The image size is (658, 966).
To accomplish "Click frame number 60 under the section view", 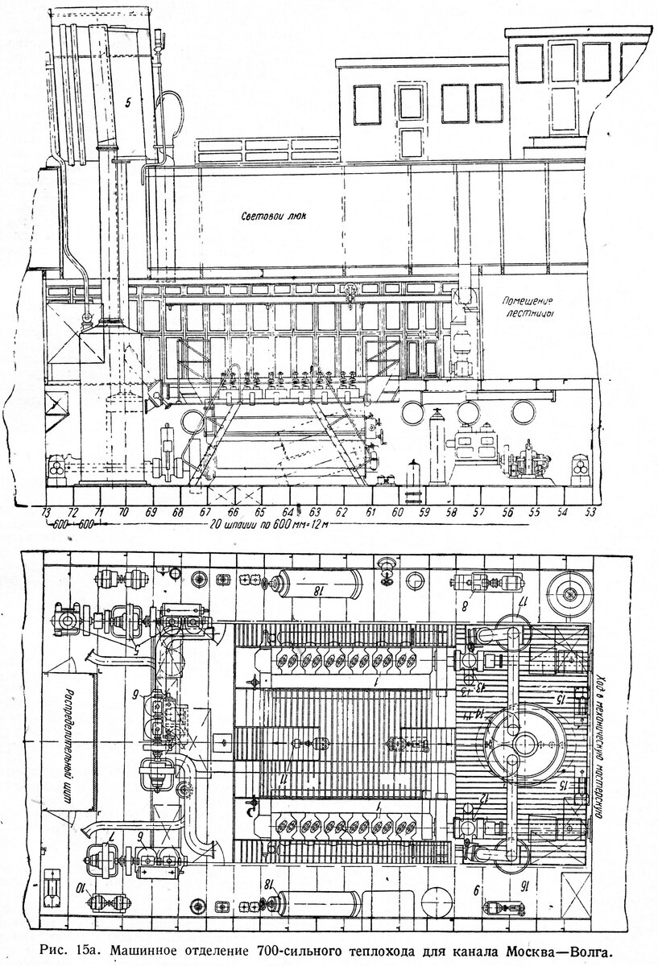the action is pyautogui.click(x=397, y=512).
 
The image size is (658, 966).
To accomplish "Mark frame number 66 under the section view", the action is pyautogui.click(x=234, y=512).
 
